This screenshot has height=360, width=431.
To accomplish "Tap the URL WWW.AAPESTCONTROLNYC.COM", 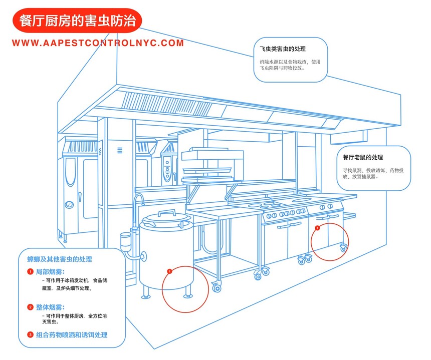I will click(98, 43).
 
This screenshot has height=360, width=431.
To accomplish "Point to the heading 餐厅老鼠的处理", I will click(363, 157).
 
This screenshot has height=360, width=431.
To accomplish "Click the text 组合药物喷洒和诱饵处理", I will click(72, 334).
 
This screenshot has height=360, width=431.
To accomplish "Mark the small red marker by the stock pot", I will click(169, 271).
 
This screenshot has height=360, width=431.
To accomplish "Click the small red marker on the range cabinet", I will click(317, 228).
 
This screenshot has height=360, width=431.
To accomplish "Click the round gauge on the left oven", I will click(67, 204).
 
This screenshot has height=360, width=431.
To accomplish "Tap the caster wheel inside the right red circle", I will click(343, 247).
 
